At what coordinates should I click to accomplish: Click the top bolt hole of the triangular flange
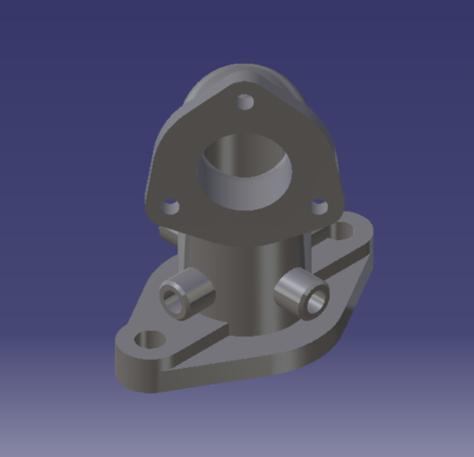pos(245,102)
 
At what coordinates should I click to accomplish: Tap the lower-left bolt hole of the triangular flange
pos(170,208)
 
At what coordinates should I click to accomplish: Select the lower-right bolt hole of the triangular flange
pos(320,208)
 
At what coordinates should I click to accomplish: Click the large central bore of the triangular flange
pos(245,171)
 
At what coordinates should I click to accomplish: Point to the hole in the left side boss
pos(173,300)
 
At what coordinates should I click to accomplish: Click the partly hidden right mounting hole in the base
pos(344,230)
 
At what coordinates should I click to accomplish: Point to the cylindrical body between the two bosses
pos(243,286)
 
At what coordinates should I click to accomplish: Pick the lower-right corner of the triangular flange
pos(332,204)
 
